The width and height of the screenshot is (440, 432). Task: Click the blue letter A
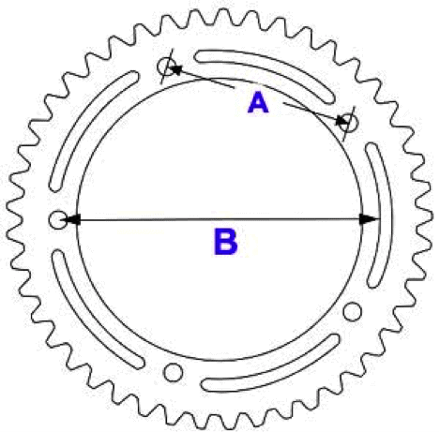tap(258, 102)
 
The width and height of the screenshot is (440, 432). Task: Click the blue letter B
tap(225, 242)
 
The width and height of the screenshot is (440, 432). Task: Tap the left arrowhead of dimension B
tap(72, 219)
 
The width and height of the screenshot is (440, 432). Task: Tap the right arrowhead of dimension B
tap(368, 219)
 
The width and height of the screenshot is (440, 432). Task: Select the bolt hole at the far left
tap(58, 219)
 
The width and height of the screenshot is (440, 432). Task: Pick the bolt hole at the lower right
tap(353, 311)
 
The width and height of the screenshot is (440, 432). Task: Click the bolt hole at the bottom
tap(173, 372)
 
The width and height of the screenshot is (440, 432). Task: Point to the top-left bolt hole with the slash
tap(166, 67)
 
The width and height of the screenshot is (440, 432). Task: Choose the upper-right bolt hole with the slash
tap(348, 123)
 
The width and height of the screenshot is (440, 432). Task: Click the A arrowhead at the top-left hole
tap(175, 69)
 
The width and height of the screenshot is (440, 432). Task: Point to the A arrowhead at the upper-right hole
tap(341, 121)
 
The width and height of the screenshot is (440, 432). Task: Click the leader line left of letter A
tap(205, 79)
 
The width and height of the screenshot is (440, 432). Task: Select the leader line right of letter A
tap(312, 112)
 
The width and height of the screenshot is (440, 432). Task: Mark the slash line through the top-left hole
tap(167, 67)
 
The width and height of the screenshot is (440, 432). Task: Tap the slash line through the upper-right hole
tap(349, 124)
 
